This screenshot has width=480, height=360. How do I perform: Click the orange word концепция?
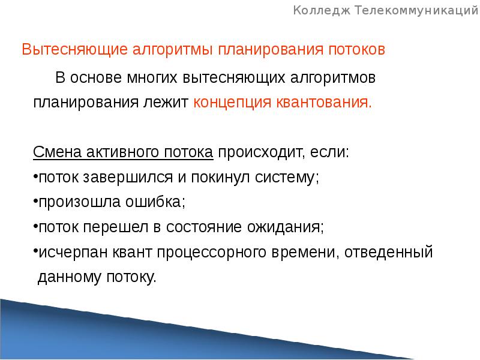pos(232,102)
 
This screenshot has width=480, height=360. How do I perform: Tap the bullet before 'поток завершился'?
pos(35,178)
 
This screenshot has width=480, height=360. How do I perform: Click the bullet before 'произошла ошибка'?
pos(35,203)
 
